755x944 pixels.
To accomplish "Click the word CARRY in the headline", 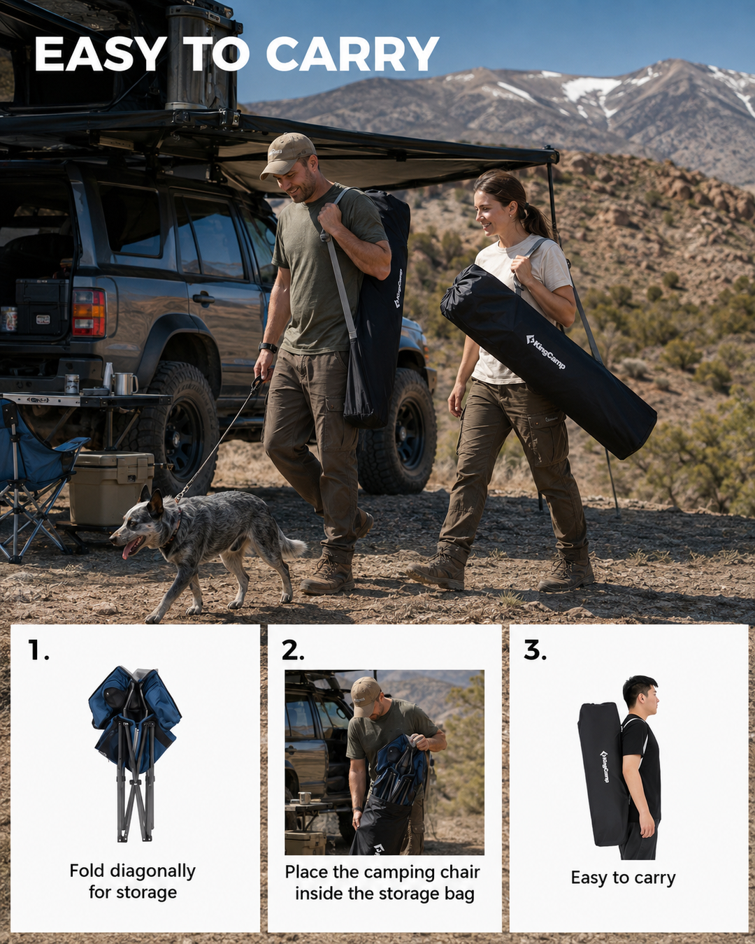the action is pos(352,54).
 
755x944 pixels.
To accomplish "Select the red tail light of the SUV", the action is pos(89,313).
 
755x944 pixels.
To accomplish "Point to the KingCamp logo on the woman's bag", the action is pos(545,352).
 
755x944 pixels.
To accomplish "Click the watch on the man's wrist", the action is pos(268,348).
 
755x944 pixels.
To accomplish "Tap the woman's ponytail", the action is pos(535,221).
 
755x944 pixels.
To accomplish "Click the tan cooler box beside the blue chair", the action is pos(111,488).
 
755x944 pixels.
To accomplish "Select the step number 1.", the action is pos(38,650).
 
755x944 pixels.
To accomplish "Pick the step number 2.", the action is pos(293,650).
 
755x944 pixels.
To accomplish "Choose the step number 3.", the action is pos(535,650).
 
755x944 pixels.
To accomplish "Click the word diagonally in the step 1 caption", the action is pos(152,871).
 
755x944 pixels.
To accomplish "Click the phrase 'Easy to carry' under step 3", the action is pos(623,878).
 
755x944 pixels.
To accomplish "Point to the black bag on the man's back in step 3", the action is pos(603,774).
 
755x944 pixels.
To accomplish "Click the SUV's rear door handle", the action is pos(203,299).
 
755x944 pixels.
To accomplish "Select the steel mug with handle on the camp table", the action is pos(125,383).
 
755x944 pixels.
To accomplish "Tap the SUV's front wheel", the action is pos(398,431).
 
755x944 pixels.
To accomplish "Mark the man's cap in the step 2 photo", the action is pos(365,696).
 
